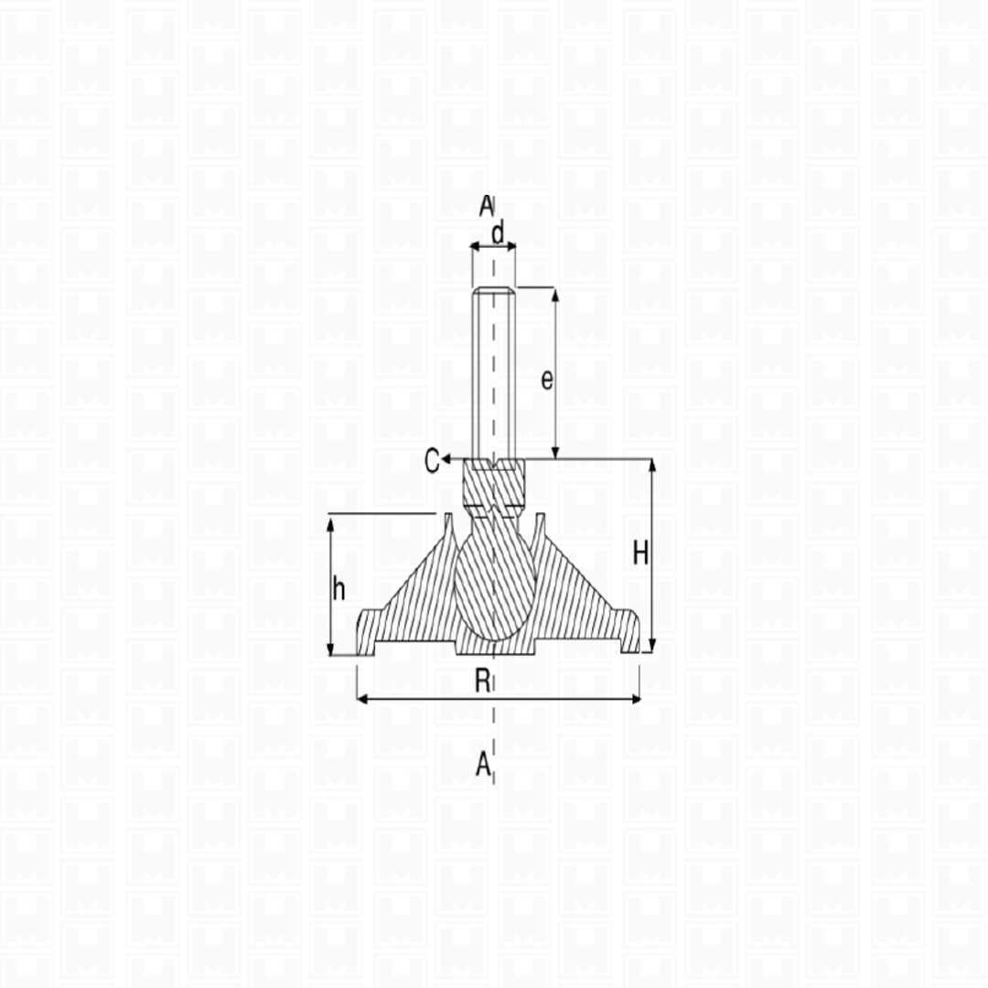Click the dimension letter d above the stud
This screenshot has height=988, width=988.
[x=498, y=234]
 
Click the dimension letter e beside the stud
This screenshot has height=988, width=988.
[x=547, y=380]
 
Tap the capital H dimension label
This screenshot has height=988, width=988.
[x=640, y=553]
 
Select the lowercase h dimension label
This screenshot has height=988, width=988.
[x=338, y=589]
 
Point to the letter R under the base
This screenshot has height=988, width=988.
[x=482, y=682]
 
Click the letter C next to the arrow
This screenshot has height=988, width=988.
[x=432, y=460]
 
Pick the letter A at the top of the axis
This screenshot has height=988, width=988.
[x=486, y=206]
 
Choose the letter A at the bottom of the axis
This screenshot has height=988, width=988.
[x=483, y=764]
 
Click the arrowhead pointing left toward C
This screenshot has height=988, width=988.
[x=445, y=459]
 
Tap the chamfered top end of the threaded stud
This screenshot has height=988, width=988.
[x=494, y=292]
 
